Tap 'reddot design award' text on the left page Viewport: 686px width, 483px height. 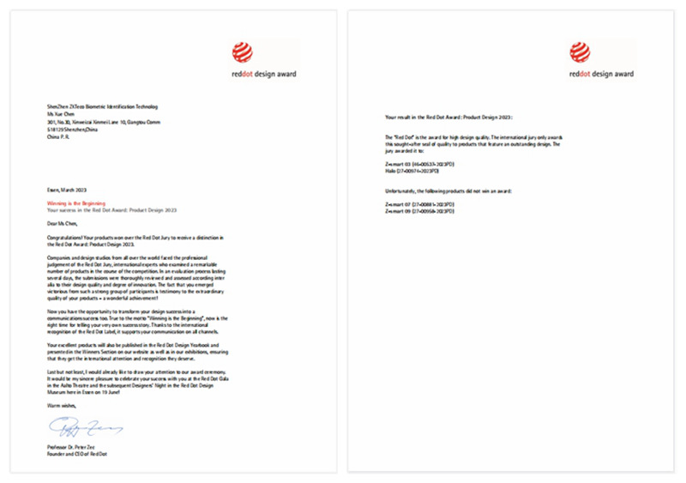(263, 75)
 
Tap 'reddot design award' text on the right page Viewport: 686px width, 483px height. (601, 75)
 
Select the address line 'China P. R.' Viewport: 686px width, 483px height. (57, 136)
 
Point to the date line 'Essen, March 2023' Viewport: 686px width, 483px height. (67, 188)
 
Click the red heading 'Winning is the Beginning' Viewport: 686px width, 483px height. (75, 203)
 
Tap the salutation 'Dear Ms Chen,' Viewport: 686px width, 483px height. (63, 223)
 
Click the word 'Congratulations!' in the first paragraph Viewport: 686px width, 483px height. (65, 236)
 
